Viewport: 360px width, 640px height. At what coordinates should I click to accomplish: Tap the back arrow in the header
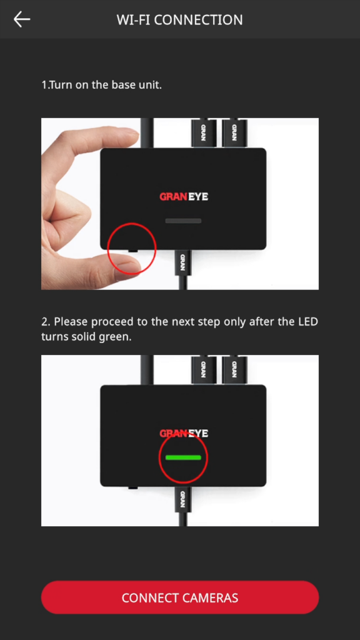pos(22,19)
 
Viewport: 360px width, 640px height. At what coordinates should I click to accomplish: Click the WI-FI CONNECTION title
pos(179,19)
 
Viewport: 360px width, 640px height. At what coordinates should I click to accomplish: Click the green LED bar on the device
pos(183,457)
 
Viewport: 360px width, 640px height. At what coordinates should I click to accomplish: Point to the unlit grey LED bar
pos(183,221)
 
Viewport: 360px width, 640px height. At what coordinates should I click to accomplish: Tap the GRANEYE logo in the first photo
pos(184,197)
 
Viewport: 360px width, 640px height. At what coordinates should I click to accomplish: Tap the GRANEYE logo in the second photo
pos(184,433)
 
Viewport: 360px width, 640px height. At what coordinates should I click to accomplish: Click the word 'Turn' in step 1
pos(61,85)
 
